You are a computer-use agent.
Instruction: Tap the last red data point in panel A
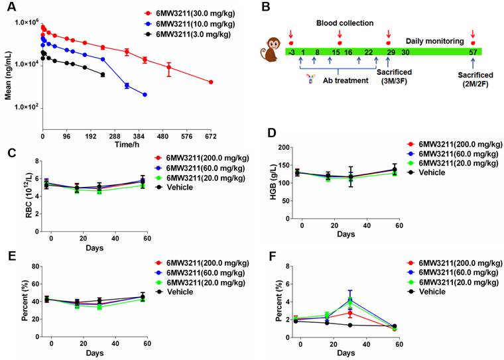211,82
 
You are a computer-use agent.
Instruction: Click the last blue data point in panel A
145,95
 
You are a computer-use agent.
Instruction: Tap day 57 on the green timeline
472,52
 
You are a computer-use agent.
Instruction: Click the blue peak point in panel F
349,300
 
